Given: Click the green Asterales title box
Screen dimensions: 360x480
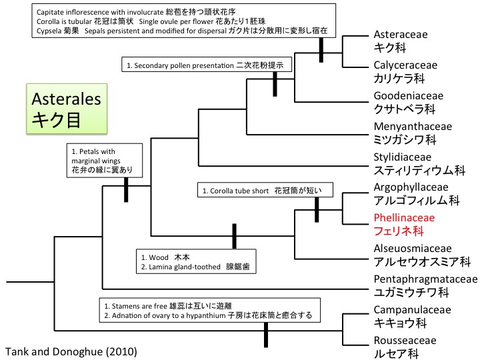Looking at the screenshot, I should pos(66,109).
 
